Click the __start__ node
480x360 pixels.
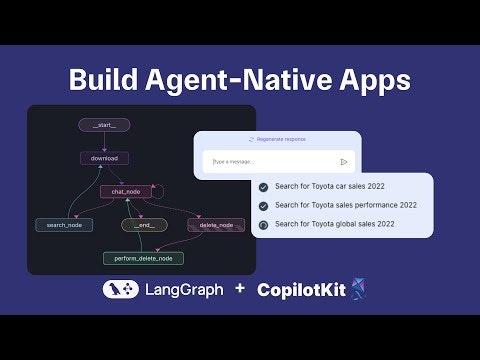coord(104,125)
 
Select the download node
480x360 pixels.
coord(104,158)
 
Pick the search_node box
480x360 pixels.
coord(64,225)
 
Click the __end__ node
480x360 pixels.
coord(143,225)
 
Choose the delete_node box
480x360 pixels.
coord(215,225)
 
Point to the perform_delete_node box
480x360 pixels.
coord(143,258)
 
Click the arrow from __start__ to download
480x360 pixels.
coord(104,142)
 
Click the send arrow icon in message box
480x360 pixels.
coord(344,161)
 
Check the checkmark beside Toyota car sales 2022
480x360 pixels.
coord(263,187)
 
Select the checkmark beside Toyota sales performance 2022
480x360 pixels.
coord(263,205)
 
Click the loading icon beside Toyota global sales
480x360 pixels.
coord(263,224)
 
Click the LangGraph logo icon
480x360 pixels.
coord(120,289)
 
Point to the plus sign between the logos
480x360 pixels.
coord(239,289)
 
